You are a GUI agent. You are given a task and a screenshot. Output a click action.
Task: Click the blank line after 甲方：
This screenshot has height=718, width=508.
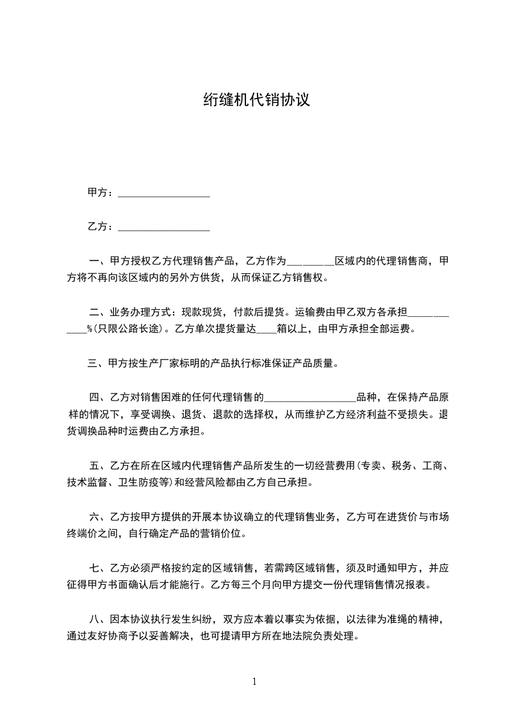pyautogui.click(x=165, y=193)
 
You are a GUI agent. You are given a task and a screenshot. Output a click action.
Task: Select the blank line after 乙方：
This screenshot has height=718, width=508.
pyautogui.click(x=165, y=227)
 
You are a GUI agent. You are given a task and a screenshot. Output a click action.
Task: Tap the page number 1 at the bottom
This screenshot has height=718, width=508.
pyautogui.click(x=254, y=682)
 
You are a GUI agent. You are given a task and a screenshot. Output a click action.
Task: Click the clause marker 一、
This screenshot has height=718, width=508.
pyautogui.click(x=98, y=261)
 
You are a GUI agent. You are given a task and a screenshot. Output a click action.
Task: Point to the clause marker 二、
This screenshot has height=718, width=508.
pyautogui.click(x=98, y=313)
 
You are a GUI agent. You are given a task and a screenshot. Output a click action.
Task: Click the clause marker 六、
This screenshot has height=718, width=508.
pyautogui.click(x=98, y=517)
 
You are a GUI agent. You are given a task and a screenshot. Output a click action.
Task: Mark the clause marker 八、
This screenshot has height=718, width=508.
pyautogui.click(x=98, y=619)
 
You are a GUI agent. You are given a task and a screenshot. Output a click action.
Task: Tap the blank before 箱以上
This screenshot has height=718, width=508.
pyautogui.click(x=265, y=331)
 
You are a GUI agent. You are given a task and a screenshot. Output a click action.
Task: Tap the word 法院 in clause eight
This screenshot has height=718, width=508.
pyautogui.click(x=301, y=637)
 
